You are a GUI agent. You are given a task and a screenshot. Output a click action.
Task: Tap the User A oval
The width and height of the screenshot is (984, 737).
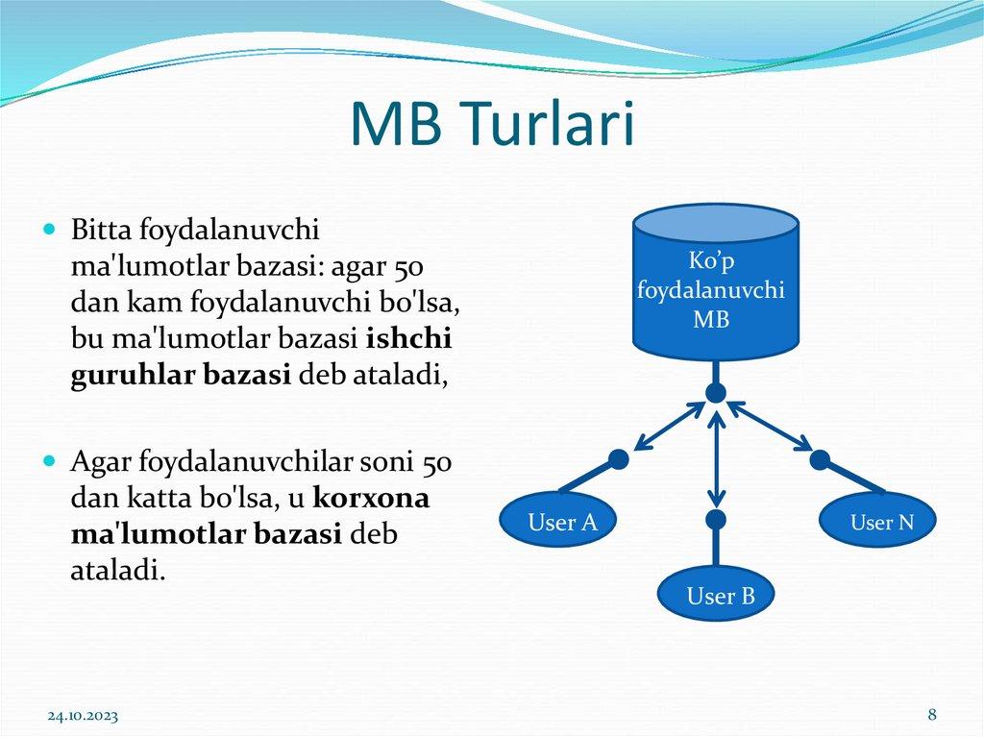tap(562, 523)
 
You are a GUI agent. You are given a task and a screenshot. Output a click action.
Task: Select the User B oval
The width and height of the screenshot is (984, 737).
tap(720, 597)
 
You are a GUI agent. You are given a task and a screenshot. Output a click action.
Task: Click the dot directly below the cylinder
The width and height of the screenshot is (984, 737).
tap(715, 393)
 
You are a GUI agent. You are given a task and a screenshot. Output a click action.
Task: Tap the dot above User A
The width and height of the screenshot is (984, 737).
tap(619, 460)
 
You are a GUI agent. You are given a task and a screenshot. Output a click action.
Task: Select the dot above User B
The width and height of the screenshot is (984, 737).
tap(715, 520)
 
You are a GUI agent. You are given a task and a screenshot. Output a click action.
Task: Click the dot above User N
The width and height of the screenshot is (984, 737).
tap(819, 460)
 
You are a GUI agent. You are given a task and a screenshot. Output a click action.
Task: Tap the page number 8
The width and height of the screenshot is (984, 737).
tap(932, 714)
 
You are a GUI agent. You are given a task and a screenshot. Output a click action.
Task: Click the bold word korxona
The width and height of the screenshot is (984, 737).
tap(372, 501)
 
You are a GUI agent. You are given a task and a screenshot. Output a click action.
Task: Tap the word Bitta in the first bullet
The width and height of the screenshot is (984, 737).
tap(102, 232)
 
